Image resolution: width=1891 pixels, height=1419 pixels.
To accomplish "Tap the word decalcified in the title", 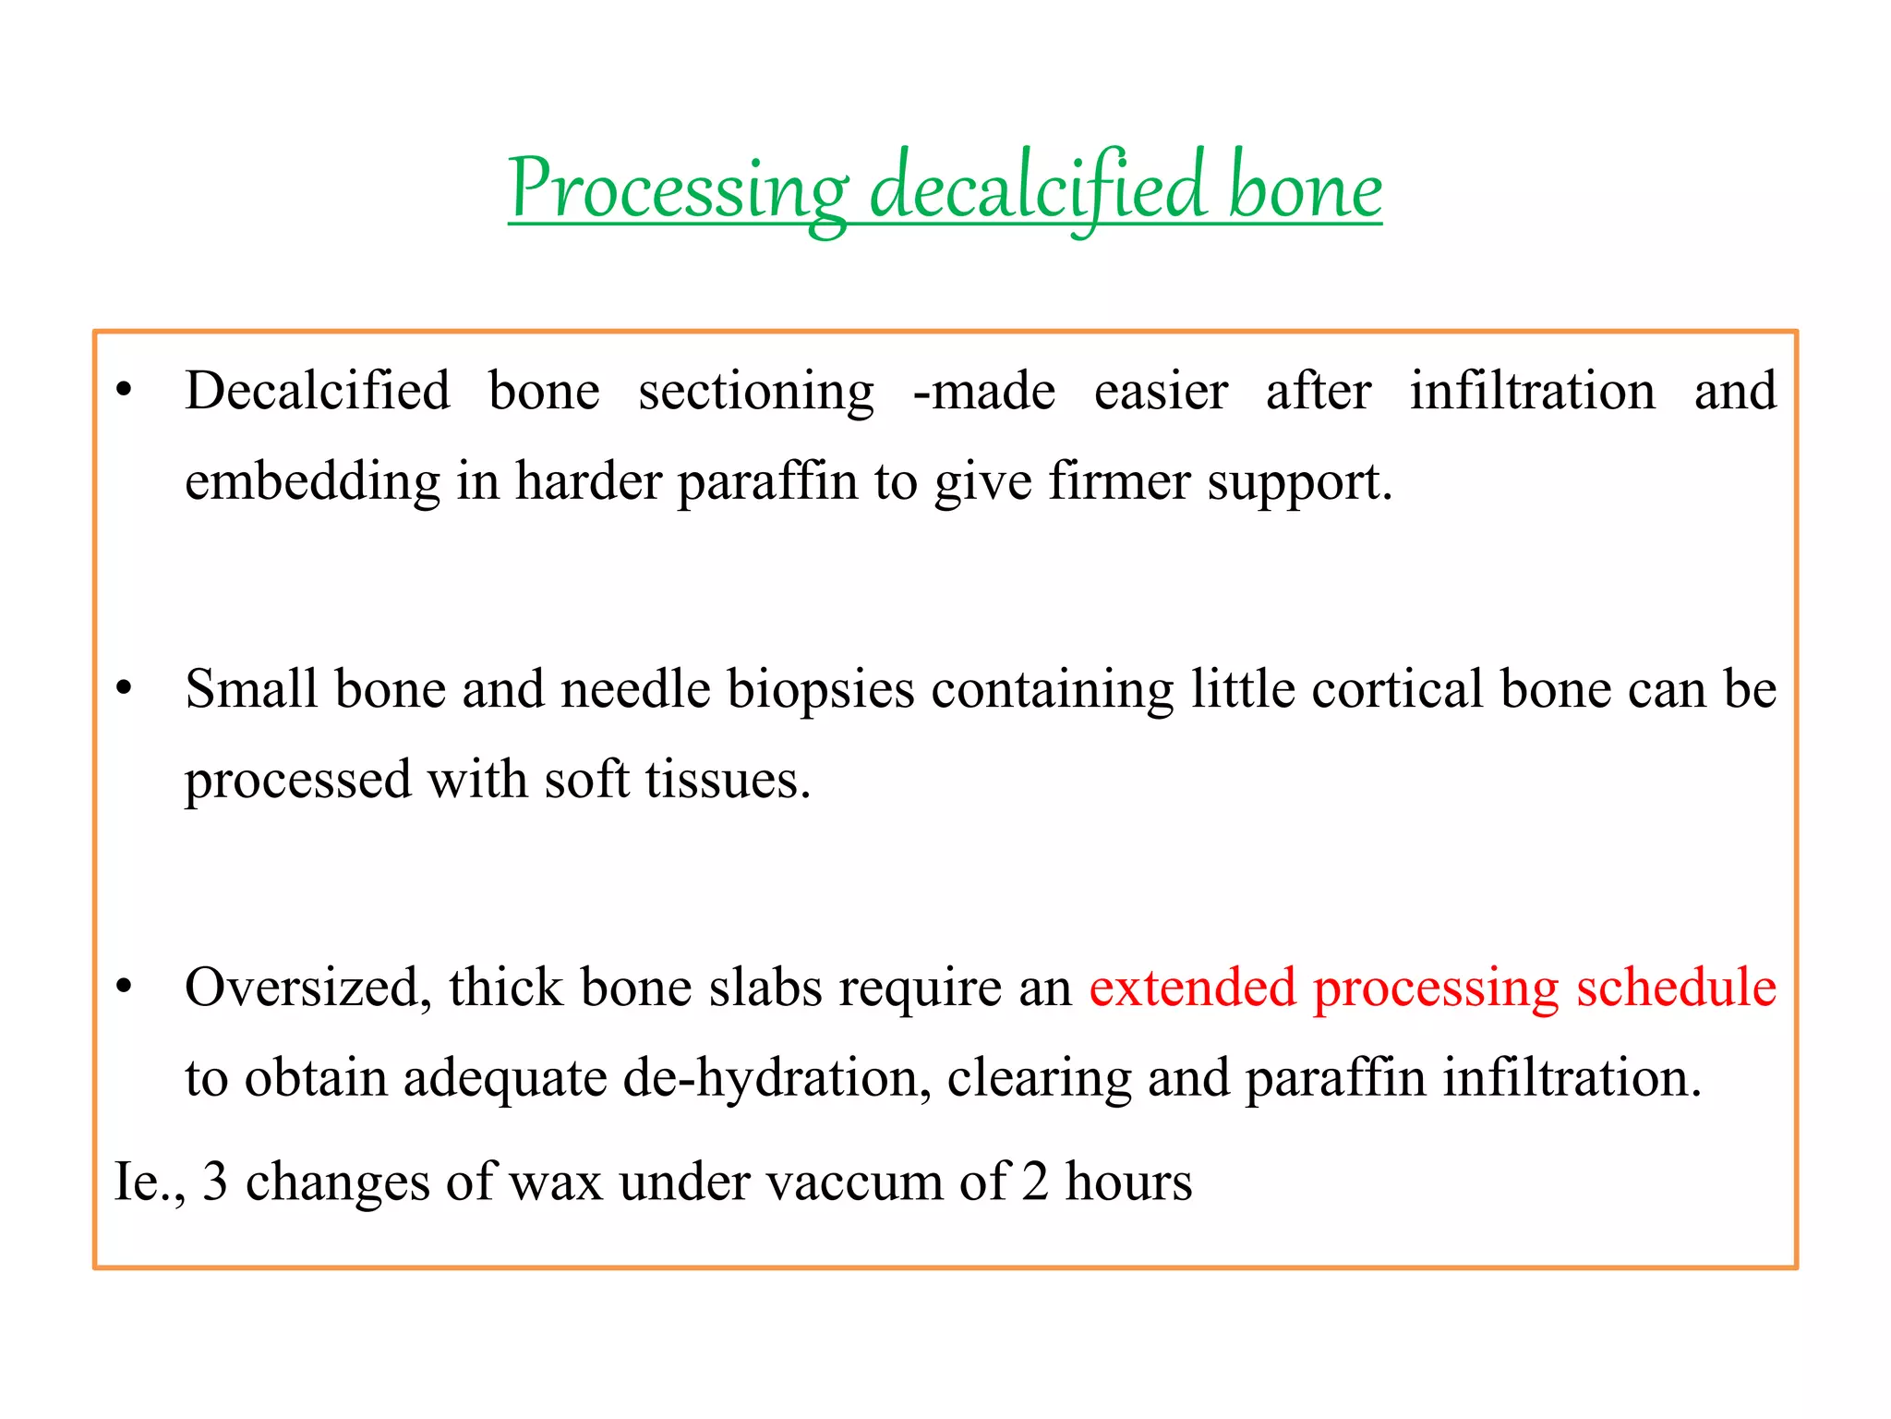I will click(1038, 189).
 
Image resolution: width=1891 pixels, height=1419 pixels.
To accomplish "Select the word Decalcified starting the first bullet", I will click(318, 391).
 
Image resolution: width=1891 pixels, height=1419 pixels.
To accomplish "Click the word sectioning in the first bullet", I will click(756, 391).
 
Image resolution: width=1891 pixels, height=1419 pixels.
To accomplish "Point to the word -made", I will click(983, 391).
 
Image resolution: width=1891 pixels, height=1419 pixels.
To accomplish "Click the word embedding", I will click(312, 481).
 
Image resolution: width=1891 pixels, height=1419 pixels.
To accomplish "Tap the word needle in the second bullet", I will click(635, 689).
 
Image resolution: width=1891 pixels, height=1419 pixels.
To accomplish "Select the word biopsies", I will click(821, 689).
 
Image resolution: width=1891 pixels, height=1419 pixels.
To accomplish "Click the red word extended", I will click(1193, 988).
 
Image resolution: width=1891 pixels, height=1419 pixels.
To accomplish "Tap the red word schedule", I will click(1676, 988).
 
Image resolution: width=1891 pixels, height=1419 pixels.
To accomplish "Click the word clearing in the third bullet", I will click(1039, 1078).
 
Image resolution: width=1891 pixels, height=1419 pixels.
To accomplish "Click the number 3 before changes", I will click(214, 1182).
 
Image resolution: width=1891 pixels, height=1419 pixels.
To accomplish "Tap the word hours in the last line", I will click(1128, 1182).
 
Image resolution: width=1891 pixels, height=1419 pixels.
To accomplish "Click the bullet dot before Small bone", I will click(125, 689).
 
